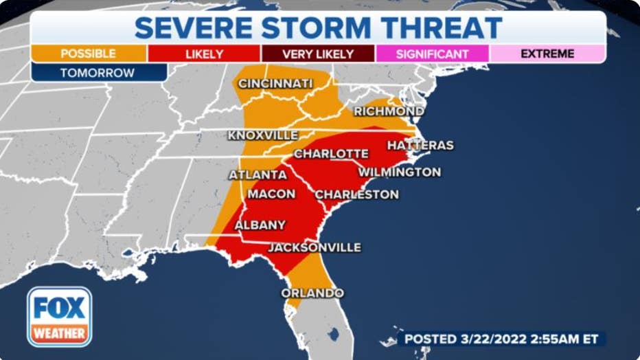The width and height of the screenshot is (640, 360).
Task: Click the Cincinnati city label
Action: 275,84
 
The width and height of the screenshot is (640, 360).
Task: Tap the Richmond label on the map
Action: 389,111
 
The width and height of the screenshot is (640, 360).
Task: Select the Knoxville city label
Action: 262,135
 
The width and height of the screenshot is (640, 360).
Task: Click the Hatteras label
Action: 420,146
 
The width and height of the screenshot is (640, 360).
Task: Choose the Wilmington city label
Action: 399,172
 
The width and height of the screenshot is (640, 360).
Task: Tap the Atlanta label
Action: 258,175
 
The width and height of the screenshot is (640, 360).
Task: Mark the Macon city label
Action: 271,194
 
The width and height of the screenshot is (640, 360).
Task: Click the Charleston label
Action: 356,195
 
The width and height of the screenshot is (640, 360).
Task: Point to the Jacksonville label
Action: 314,247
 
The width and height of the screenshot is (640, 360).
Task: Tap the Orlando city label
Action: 312,293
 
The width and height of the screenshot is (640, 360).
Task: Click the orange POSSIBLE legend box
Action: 88,54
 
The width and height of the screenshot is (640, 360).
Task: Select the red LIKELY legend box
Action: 203,54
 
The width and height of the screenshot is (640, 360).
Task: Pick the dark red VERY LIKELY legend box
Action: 318,54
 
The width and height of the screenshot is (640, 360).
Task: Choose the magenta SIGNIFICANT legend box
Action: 432,54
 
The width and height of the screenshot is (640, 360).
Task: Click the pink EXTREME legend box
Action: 547,54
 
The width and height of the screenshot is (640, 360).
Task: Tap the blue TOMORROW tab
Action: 98,73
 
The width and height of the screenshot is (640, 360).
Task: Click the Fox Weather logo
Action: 60,317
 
